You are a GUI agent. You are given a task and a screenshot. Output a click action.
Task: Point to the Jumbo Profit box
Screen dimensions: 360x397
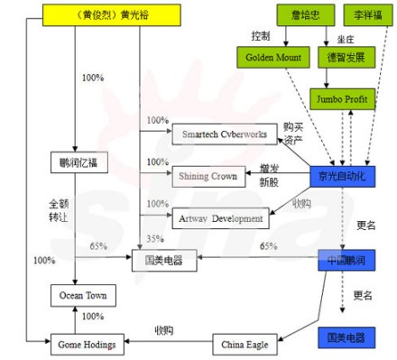pyautogui.click(x=336, y=97)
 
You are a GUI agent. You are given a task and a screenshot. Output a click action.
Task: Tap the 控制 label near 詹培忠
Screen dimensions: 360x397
pyautogui.click(x=261, y=35)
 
